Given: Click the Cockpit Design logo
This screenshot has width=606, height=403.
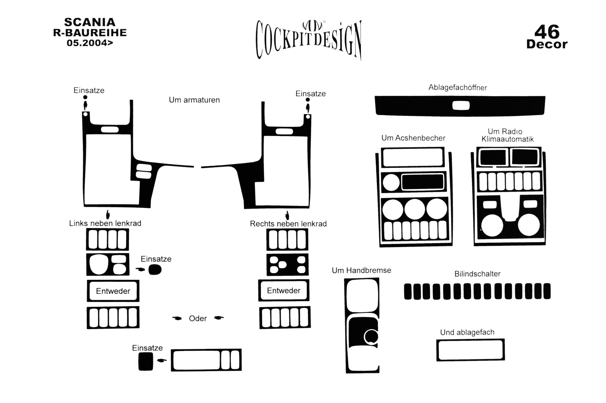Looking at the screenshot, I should coord(309,39).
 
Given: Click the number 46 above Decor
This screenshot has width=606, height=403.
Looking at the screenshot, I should coord(547,32).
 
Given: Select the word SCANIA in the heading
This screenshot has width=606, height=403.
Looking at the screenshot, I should coord(90,22).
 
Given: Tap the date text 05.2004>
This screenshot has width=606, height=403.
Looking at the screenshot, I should coord(90,43).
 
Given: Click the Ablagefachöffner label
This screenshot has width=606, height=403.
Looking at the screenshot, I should coord(458,87).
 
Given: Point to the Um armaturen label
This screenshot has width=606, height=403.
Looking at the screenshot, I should coord(194,100).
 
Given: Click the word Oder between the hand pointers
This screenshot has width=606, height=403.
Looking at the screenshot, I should coord(198,319).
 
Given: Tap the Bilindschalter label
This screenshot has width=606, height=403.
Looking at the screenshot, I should coord(477,274).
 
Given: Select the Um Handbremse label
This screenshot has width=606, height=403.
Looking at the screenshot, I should coord(361,270).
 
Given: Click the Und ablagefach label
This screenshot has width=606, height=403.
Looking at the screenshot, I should coord(467,333).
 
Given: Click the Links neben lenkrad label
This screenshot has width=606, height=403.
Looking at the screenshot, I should coord(105,223).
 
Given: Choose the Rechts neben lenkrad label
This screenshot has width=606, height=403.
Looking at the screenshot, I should coord(288,224).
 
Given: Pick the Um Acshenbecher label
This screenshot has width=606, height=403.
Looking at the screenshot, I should coord(413,138).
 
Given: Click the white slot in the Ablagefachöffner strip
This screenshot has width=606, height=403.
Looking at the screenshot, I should coord(461,106).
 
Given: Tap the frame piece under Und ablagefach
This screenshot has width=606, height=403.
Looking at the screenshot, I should coord(470,350).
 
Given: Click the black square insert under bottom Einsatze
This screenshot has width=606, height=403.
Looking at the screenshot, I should coord(146,362).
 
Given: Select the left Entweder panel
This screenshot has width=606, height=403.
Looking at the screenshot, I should coord(113,291).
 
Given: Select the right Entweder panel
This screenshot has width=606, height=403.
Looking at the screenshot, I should coord(284,291).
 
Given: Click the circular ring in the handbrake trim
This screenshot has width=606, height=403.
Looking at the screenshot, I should coord(370,337).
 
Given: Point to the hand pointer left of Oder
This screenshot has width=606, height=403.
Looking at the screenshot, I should coord(176,318).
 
